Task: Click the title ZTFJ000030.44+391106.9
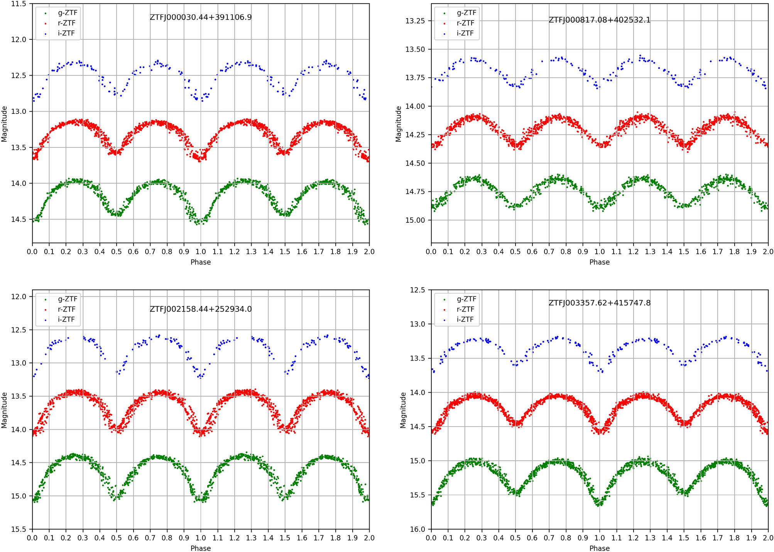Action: tap(201, 17)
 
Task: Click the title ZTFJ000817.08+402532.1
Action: tap(599, 20)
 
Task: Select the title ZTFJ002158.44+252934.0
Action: tap(201, 309)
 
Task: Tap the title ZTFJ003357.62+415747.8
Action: tap(599, 303)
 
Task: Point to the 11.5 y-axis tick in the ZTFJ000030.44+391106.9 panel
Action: tap(19, 4)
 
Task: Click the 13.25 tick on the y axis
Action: tap(415, 21)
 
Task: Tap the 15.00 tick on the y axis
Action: tap(415, 220)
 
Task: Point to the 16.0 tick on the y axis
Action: tap(417, 529)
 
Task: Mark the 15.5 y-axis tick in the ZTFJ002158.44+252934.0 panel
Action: tap(19, 529)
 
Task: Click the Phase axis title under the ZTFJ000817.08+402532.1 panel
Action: tap(599, 262)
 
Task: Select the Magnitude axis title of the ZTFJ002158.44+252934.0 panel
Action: tap(5, 410)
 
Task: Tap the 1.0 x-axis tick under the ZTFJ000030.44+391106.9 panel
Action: tap(201, 252)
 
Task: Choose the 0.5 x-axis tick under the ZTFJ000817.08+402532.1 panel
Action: tap(515, 252)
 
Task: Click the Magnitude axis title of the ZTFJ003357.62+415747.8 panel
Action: tap(403, 410)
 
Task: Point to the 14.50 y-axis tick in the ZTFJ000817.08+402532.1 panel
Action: tap(415, 163)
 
